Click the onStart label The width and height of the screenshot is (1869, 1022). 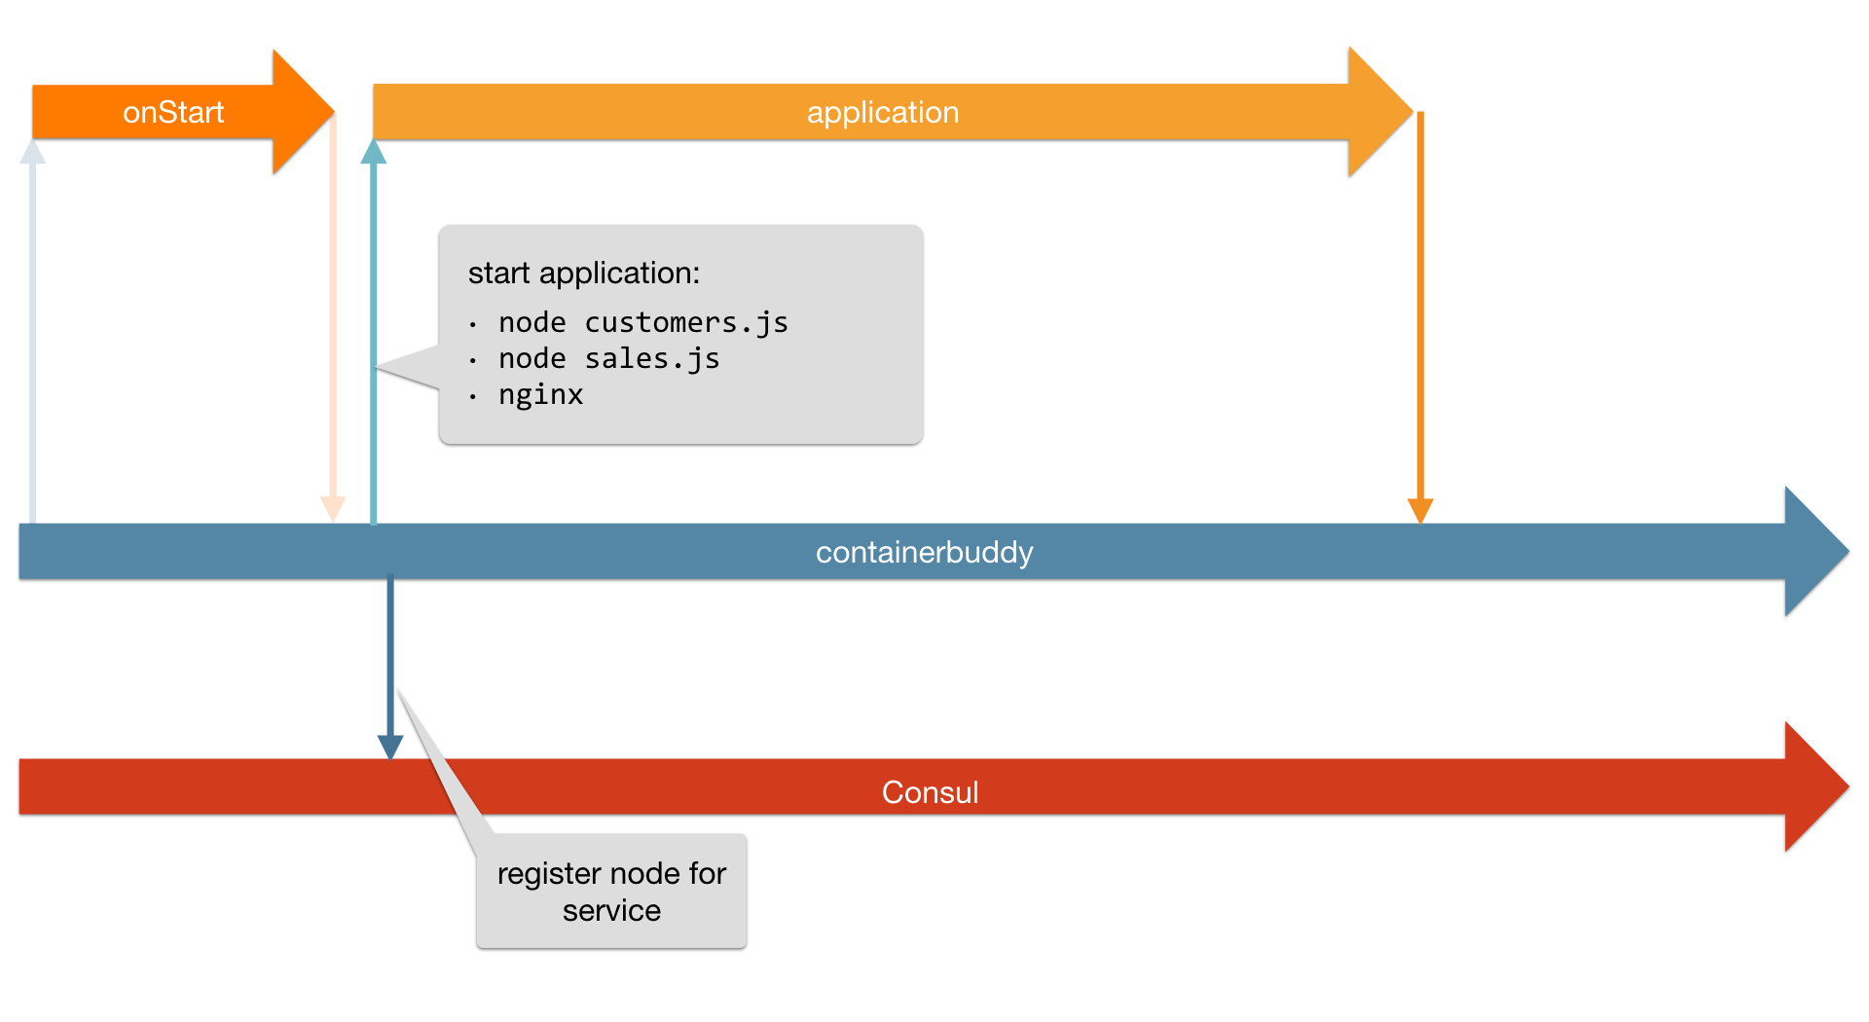(173, 113)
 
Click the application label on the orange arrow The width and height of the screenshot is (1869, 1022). (882, 113)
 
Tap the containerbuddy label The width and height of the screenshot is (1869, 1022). (924, 553)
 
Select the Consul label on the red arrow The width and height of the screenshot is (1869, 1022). (930, 792)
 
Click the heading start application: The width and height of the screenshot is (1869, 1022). (583, 274)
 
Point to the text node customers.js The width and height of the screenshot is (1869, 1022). (642, 323)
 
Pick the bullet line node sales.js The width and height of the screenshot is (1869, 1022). (608, 359)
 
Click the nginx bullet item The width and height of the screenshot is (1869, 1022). (540, 395)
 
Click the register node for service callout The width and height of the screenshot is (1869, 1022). (611, 891)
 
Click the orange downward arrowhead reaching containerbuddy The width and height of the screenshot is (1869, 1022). (1420, 511)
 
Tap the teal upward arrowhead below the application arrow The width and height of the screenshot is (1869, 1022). (373, 152)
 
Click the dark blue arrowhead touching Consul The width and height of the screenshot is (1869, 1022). (390, 748)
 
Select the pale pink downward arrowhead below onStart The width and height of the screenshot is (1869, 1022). (333, 509)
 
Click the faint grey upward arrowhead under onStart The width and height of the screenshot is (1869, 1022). (33, 152)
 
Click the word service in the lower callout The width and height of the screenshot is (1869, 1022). (611, 911)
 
